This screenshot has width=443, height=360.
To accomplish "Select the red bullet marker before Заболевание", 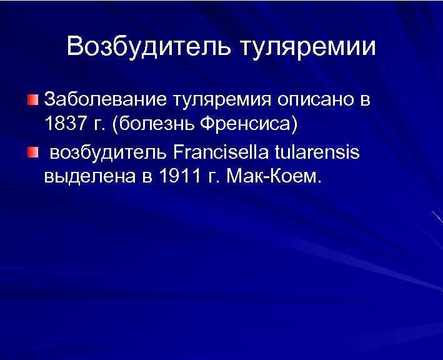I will (x=32, y=100).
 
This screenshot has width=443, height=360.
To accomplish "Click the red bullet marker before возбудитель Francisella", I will (x=32, y=152).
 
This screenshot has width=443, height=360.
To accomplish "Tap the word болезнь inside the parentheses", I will (x=157, y=124).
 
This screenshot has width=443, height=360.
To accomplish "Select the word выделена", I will (x=88, y=177).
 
